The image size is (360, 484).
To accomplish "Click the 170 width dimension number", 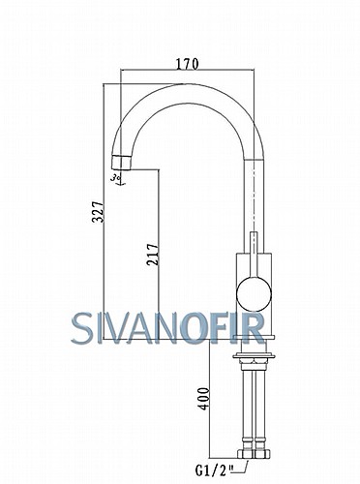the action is [187, 64].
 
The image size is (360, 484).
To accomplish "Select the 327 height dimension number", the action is [98, 212].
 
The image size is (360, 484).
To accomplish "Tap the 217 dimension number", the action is [153, 255].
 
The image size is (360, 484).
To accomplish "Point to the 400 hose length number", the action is [203, 399].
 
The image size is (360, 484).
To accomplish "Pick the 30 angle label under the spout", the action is [116, 177].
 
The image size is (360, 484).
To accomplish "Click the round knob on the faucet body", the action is [254, 294].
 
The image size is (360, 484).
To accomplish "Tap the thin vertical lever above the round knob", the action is [255, 256].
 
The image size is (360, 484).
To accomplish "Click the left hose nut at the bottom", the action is [245, 453].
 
